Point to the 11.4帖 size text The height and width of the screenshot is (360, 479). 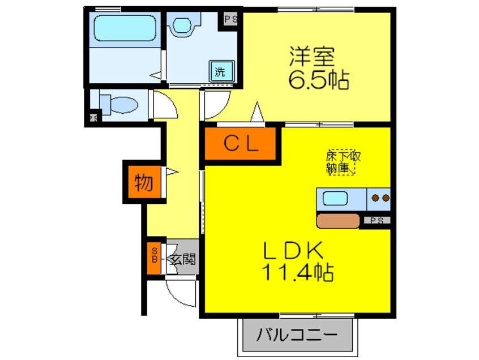pos(296,273)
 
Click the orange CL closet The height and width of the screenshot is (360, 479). pos(241,144)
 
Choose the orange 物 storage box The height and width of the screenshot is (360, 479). pos(143,183)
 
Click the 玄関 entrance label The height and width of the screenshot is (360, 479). pos(183,259)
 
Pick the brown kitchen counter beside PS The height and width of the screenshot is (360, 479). pos(338,220)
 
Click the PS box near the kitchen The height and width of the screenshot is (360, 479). pos(377,221)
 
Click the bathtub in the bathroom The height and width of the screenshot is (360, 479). pos(125,27)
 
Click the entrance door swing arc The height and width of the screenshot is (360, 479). pos(180,293)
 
